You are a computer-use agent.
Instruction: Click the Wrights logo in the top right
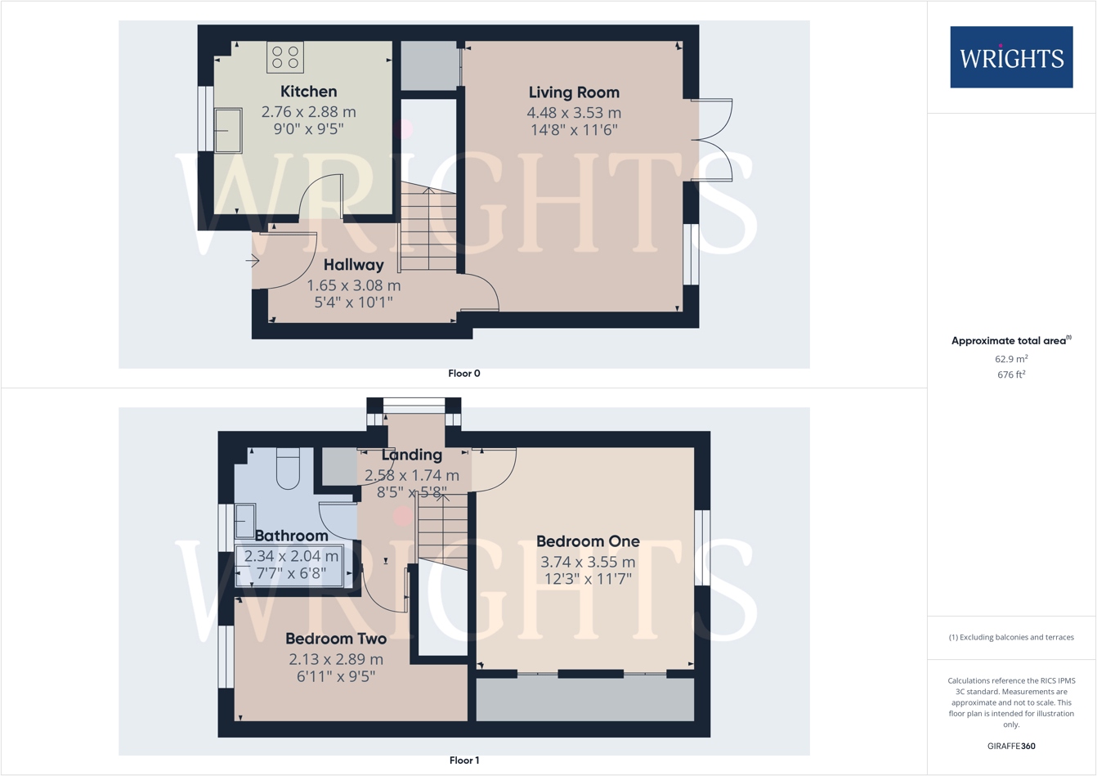(x=1011, y=57)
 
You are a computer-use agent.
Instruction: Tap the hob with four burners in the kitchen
(x=285, y=57)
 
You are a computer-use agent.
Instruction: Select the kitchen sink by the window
(x=228, y=131)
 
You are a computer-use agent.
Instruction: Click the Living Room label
(x=574, y=92)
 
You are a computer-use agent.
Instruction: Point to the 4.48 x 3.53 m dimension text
(x=574, y=113)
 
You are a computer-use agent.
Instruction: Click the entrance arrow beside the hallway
(x=253, y=261)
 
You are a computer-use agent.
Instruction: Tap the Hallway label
(x=353, y=265)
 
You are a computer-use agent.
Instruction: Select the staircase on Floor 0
(x=428, y=229)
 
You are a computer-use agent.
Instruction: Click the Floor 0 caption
(x=464, y=374)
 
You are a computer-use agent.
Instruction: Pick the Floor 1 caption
(x=464, y=760)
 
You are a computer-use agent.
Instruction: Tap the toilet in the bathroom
(x=288, y=468)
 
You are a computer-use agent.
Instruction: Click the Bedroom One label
(x=588, y=541)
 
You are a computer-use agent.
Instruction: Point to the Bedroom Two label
(x=336, y=639)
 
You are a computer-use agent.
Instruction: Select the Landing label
(x=412, y=455)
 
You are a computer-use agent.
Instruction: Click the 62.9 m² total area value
(x=1011, y=359)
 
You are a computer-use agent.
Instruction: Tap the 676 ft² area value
(x=1011, y=375)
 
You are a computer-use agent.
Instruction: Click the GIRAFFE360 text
(x=1011, y=746)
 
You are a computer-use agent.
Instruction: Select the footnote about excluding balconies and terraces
(x=1011, y=637)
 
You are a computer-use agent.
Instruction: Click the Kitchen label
(x=308, y=92)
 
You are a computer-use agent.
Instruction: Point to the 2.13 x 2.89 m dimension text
(x=336, y=659)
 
